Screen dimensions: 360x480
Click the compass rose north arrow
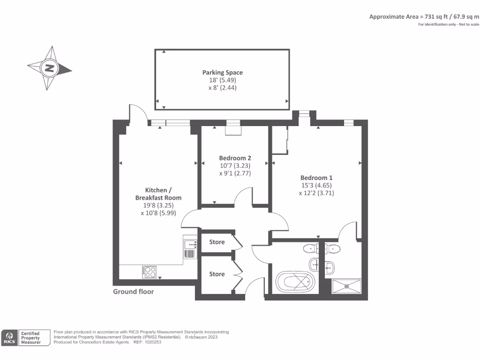coord(49,68)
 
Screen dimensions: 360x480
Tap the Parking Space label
coord(223,73)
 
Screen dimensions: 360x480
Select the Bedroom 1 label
coord(316,178)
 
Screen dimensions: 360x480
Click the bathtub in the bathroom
coord(294,282)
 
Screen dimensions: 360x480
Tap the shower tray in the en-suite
coord(347,285)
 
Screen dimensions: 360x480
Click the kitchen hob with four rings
coord(150,270)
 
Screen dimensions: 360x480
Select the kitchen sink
coord(190,244)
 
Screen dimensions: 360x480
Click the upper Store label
coord(217,242)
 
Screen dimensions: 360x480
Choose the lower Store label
coord(217,274)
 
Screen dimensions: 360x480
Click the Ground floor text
coord(134,292)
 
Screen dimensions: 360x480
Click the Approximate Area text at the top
coord(424,16)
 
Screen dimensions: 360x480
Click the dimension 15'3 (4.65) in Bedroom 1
coord(316,185)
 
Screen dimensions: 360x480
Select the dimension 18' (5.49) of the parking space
coord(223,80)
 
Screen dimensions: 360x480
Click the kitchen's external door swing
coord(138,112)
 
